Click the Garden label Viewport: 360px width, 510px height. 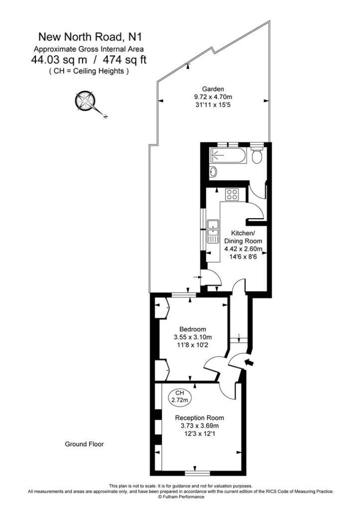pos(216,89)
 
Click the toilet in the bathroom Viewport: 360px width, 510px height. pos(257,157)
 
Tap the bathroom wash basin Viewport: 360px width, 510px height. pos(213,172)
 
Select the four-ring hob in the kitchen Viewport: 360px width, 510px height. pos(232,194)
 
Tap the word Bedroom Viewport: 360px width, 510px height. pos(193,329)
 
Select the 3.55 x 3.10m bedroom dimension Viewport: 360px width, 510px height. pos(193,337)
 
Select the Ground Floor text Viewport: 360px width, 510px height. pos(84,444)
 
